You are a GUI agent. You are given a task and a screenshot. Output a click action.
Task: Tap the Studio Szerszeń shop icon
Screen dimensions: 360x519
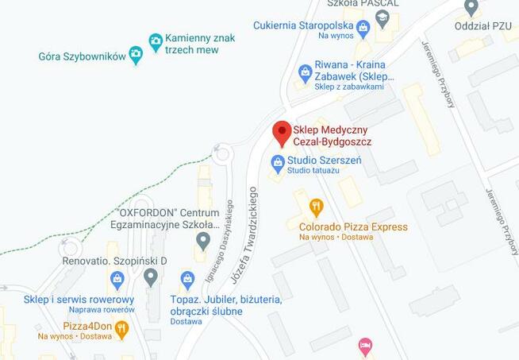[277, 164]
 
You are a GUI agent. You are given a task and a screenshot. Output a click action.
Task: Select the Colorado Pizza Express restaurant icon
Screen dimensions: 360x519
[317, 208]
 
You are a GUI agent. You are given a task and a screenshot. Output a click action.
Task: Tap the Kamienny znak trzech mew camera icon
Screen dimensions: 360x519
[156, 40]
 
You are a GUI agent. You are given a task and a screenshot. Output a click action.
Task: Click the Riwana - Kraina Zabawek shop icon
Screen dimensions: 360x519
[305, 73]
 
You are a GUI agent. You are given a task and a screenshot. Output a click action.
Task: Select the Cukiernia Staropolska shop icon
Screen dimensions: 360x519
[363, 29]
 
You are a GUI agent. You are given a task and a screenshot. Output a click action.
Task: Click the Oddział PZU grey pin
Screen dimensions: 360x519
[471, 9]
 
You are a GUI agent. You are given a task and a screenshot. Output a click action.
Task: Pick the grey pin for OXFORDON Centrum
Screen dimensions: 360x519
[203, 239]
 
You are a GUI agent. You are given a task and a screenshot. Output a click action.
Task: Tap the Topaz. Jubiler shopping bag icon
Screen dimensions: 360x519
[187, 279]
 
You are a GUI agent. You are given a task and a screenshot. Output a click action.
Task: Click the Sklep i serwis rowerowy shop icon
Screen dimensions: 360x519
[117, 279]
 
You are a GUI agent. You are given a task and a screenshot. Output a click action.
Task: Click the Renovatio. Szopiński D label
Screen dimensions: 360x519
[115, 260]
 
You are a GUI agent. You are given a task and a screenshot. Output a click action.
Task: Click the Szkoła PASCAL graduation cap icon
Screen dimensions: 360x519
[382, 17]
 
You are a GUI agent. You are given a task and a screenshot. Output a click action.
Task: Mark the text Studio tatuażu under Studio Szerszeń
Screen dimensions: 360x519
[313, 171]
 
